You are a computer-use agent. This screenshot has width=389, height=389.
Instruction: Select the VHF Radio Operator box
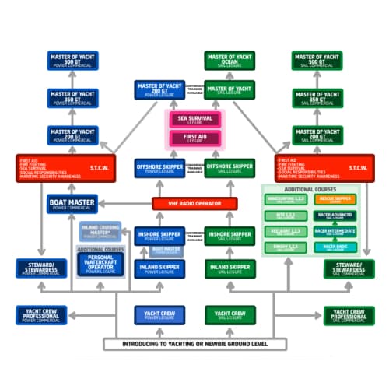click(194, 203)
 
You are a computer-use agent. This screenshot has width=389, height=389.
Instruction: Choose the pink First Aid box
click(194, 138)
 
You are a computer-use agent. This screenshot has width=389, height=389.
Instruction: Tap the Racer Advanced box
click(336, 215)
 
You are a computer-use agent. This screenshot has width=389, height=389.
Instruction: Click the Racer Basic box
click(336, 247)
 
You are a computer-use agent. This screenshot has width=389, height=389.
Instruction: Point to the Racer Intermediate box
click(336, 231)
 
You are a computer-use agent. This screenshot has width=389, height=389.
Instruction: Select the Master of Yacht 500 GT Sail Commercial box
click(317, 59)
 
